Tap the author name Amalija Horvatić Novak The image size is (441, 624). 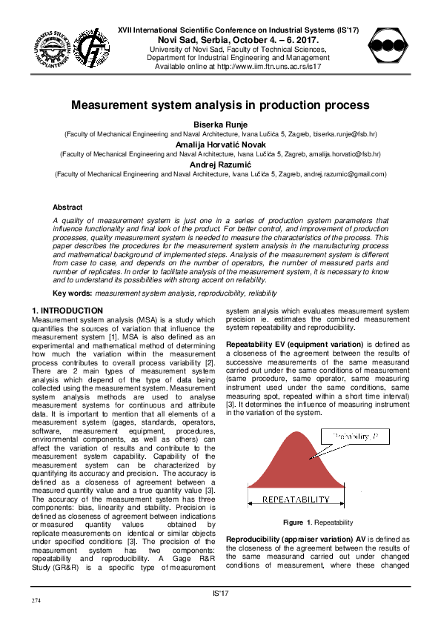click(x=220, y=145)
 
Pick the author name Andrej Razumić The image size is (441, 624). click(x=220, y=164)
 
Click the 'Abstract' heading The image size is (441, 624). click(x=67, y=208)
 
